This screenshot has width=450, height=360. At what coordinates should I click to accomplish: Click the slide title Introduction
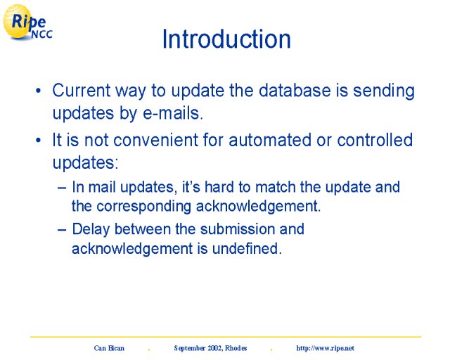coord(226,39)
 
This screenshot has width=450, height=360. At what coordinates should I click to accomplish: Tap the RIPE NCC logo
coord(27,22)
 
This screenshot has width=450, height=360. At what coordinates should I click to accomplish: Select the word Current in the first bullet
coord(82,91)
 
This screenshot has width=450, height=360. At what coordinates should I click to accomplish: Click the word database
coord(295,91)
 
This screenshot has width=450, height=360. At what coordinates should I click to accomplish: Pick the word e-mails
coord(173,113)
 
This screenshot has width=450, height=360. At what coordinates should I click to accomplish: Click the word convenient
coord(155,141)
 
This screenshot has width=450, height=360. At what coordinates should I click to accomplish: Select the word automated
coord(270,141)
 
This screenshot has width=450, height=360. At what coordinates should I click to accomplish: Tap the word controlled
coord(375,140)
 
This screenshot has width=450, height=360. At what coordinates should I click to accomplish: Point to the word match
coord(276,187)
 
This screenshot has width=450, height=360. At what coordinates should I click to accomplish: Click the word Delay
coord(91,230)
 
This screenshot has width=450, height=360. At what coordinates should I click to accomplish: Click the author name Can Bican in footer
coord(109,348)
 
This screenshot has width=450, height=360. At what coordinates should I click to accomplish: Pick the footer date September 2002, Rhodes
coord(210,348)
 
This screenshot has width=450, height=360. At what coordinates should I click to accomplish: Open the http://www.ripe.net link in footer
coord(325,348)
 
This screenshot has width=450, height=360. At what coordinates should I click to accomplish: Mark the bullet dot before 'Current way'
coord(39,91)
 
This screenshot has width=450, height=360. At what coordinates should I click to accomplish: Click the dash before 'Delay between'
coord(62,230)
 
